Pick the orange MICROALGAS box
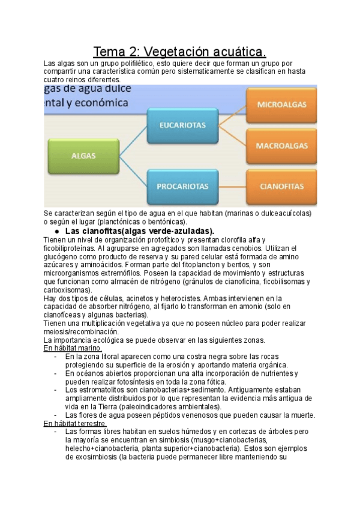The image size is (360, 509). tap(281, 104)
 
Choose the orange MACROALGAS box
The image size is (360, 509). tap(281, 145)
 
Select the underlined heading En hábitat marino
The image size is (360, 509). tap(73, 348)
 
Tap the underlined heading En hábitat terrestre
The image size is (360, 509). tap(76, 423)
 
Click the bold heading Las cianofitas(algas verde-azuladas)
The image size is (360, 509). tap(139, 231)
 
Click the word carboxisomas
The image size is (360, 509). tap(68, 289)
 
